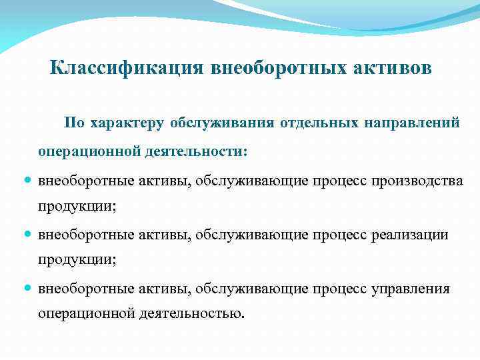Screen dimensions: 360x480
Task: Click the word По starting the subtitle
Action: pyautogui.click(x=73, y=123)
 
